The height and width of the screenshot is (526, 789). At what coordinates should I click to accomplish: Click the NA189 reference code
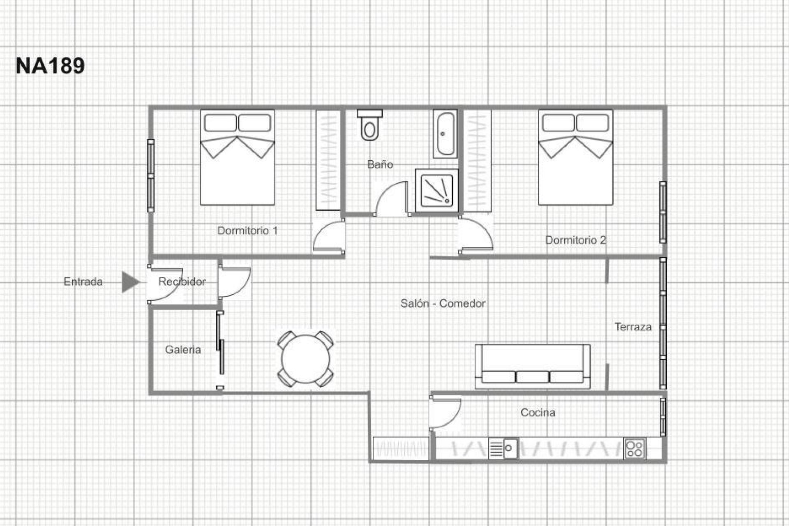pyautogui.click(x=50, y=66)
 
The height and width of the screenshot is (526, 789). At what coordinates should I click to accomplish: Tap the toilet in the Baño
pyautogui.click(x=370, y=127)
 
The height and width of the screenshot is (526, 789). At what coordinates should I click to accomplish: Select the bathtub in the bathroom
pyautogui.click(x=445, y=134)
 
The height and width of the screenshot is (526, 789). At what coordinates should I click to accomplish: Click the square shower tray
pyautogui.click(x=436, y=190)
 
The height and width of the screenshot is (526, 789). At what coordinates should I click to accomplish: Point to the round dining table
pyautogui.click(x=305, y=359)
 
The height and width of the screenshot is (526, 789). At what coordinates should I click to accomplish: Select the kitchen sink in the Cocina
pyautogui.click(x=504, y=448)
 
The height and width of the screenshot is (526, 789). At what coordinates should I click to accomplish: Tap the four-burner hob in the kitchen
pyautogui.click(x=635, y=449)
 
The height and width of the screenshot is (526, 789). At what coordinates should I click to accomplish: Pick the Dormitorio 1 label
pyautogui.click(x=247, y=231)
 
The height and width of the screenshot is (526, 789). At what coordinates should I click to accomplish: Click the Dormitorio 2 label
pyautogui.click(x=575, y=240)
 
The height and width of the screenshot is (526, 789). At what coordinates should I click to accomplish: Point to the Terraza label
pyautogui.click(x=633, y=327)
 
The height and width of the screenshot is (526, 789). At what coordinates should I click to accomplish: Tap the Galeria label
pyautogui.click(x=183, y=350)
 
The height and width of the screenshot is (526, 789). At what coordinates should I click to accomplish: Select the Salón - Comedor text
pyautogui.click(x=443, y=304)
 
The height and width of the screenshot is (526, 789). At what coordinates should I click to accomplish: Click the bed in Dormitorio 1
pyautogui.click(x=237, y=157)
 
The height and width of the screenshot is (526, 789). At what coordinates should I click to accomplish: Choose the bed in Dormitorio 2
pyautogui.click(x=575, y=157)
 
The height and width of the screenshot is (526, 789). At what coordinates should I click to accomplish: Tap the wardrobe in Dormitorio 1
pyautogui.click(x=328, y=160)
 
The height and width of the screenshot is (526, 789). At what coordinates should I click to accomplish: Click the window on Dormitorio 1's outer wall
pyautogui.click(x=151, y=176)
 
